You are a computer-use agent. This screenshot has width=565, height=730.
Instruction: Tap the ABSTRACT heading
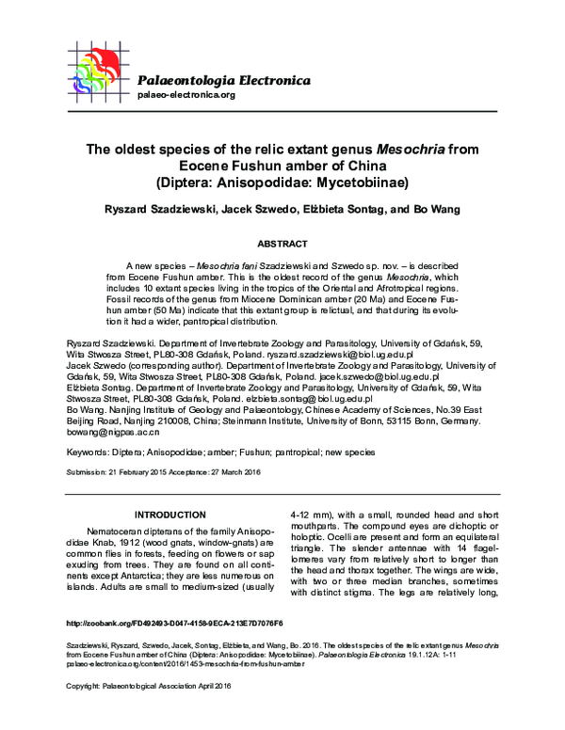(282, 242)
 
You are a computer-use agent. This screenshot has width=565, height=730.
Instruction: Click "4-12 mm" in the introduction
(310, 515)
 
